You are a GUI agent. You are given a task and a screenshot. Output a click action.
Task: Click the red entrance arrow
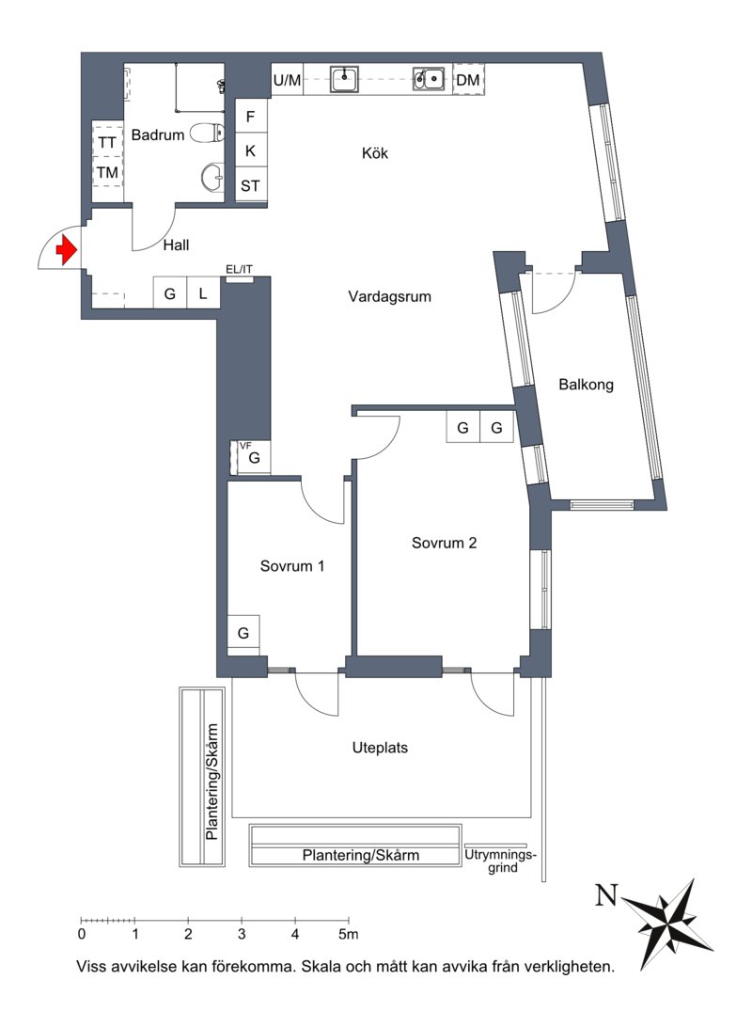click(x=66, y=249)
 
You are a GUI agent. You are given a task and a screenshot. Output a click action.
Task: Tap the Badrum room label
click(x=158, y=134)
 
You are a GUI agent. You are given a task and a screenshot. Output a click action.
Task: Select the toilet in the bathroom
click(x=207, y=134)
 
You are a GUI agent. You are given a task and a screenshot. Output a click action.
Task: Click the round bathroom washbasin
click(x=211, y=176)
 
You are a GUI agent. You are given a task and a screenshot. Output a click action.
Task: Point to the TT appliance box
click(x=107, y=142)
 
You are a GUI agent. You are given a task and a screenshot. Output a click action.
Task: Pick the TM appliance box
click(x=107, y=172)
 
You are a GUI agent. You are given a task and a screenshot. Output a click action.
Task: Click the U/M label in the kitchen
click(x=287, y=80)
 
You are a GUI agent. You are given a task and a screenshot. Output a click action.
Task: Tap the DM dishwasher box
click(x=468, y=80)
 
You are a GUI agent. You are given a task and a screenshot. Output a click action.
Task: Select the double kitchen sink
click(x=429, y=79)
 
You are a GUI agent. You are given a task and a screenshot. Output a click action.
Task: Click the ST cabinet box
click(x=250, y=185)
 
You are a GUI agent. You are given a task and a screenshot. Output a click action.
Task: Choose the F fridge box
click(x=250, y=117)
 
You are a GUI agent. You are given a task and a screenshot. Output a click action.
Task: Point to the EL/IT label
click(x=239, y=269)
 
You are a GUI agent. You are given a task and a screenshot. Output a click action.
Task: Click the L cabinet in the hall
click(x=203, y=292)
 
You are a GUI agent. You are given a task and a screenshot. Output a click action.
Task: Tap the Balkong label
click(x=586, y=385)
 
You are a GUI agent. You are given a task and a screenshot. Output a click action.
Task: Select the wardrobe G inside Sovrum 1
click(x=243, y=633)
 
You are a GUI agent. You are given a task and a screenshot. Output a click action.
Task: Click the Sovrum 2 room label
click(x=444, y=543)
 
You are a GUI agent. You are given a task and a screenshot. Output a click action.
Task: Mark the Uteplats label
click(x=380, y=748)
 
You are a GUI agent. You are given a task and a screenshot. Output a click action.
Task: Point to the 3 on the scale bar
click(x=242, y=934)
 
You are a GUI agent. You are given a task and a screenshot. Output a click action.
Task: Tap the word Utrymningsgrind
click(x=501, y=861)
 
